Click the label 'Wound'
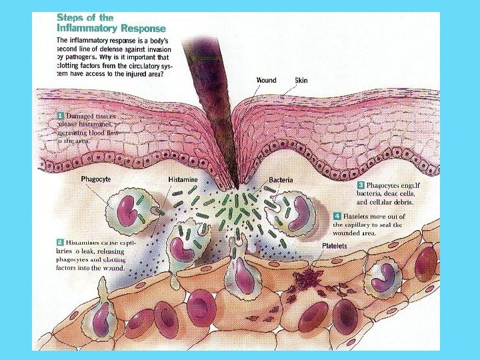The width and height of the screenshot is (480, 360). coord(267,81)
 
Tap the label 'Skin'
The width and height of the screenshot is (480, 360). coord(301,81)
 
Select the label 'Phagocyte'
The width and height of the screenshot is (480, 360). coord(96,179)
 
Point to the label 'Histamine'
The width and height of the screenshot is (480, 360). coord(182,180)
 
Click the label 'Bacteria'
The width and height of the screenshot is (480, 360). coord(281,180)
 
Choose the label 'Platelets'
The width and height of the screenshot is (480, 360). coord(335,246)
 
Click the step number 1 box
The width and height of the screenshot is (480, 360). coord(60,115)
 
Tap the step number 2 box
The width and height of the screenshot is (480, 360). coord(60,242)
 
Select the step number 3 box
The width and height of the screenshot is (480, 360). coord(361,185)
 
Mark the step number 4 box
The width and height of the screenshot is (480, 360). coord(337,216)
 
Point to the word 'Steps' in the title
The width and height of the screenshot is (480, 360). coord(69,17)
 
